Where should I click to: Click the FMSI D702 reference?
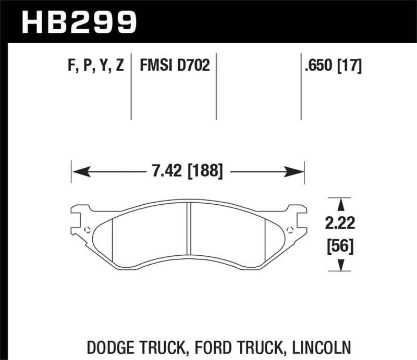click(174, 66)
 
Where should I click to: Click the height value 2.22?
click(340, 225)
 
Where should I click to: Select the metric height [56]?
click(340, 245)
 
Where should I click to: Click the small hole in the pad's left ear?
click(87, 230)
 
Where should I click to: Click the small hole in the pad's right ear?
click(290, 230)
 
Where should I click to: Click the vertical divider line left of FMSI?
click(131, 86)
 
